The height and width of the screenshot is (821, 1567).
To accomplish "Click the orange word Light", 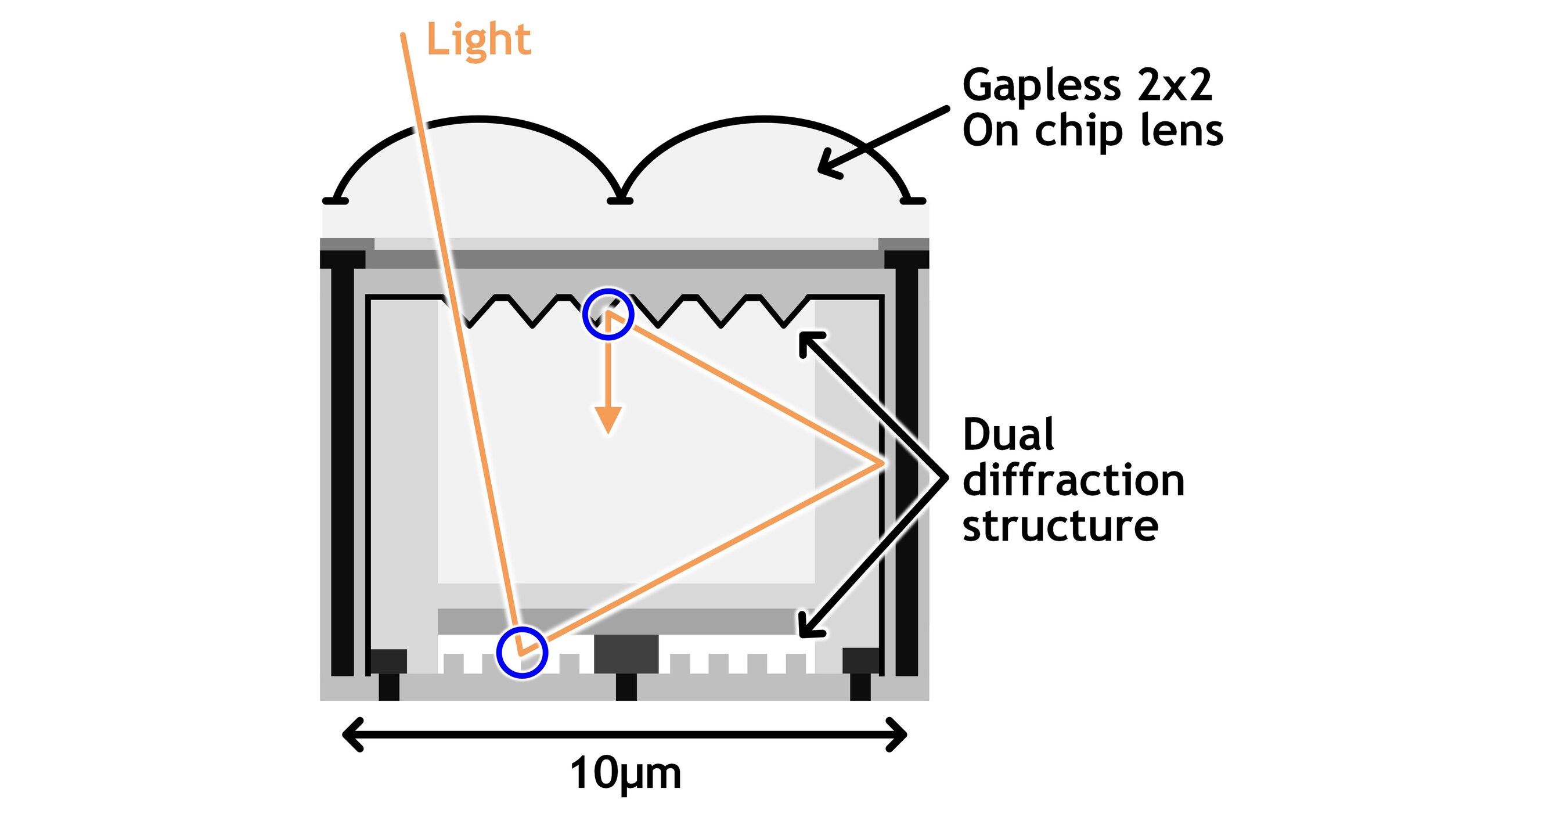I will (478, 40).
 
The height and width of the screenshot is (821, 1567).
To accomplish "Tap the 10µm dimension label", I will (625, 774).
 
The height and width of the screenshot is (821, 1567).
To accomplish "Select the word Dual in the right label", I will (1008, 434).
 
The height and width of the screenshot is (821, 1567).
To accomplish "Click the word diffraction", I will (1073, 480).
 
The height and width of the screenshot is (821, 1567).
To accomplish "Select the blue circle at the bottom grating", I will (522, 653).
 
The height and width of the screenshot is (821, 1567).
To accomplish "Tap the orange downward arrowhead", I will (608, 420).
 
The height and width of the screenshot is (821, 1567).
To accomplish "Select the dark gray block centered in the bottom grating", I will (626, 654).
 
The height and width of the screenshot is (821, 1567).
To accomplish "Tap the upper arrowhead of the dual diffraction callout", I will (806, 341).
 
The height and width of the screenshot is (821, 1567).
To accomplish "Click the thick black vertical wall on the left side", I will (343, 469).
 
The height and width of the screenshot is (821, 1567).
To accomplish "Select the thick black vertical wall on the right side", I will (906, 469).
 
